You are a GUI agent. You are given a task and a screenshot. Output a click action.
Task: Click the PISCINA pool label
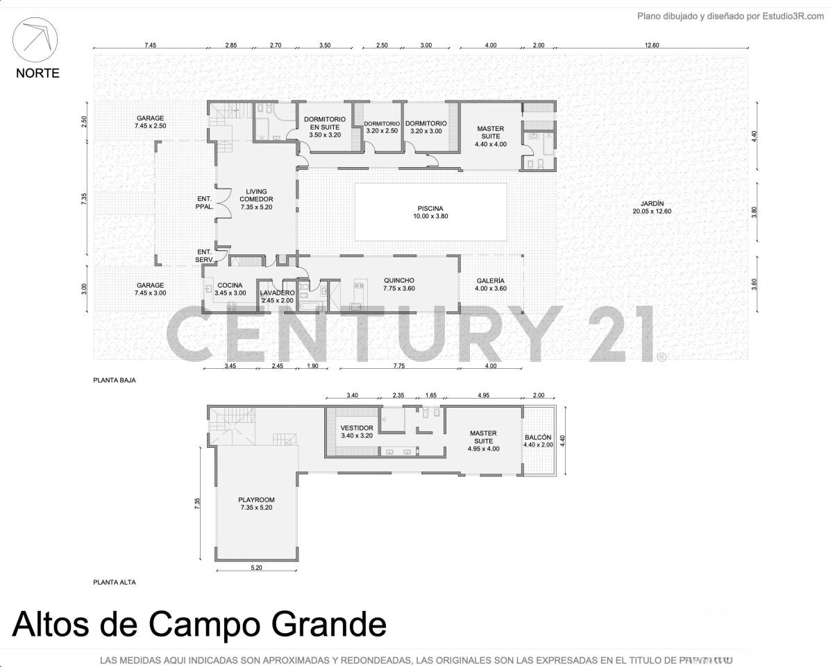(x=430, y=212)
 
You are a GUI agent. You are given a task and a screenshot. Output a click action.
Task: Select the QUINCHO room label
(x=398, y=285)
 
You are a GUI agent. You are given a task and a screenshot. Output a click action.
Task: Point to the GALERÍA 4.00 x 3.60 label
(x=490, y=285)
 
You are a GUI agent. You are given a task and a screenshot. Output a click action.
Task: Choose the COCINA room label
(x=230, y=289)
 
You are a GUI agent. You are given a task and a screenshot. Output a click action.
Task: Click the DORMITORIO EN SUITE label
(x=324, y=127)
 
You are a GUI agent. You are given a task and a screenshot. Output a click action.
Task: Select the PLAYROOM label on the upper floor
(x=256, y=504)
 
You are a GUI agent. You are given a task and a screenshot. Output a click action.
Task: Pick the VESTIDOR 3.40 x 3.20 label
(x=357, y=432)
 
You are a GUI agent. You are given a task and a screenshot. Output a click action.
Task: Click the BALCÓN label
(x=538, y=441)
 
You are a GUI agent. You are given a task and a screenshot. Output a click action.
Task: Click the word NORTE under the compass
(x=38, y=73)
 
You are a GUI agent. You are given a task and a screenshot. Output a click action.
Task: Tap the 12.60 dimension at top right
(x=651, y=45)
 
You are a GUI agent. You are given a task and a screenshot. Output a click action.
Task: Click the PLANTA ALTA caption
(x=115, y=582)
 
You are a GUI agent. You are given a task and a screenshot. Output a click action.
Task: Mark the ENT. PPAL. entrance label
(x=205, y=202)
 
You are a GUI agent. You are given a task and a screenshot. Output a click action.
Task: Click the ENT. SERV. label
(x=205, y=256)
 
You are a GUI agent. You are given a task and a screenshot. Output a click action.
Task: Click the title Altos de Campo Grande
(x=199, y=625)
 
